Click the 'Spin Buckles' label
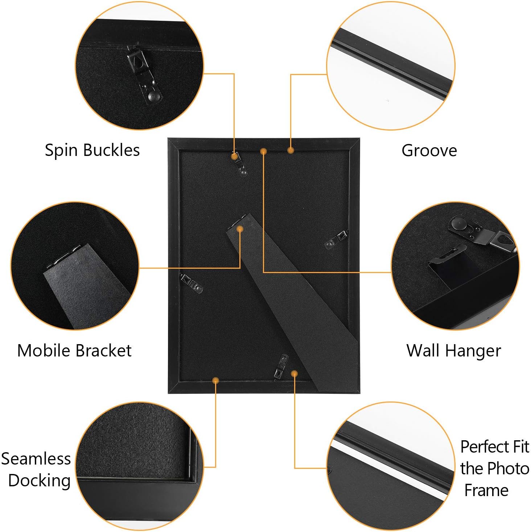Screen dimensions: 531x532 click(92, 150)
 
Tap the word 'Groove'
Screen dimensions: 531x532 click(429, 150)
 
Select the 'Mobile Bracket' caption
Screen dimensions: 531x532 click(74, 351)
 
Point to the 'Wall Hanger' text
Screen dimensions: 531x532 click(453, 351)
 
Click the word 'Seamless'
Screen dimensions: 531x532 click(36, 459)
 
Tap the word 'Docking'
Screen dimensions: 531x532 click(39, 481)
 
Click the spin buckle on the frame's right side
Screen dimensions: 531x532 click(336, 239)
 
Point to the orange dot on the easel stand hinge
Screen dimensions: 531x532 click(240, 229)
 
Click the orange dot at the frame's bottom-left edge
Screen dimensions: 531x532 click(216, 380)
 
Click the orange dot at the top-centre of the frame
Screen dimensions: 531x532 click(264, 151)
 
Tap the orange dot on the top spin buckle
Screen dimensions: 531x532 click(235, 156)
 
